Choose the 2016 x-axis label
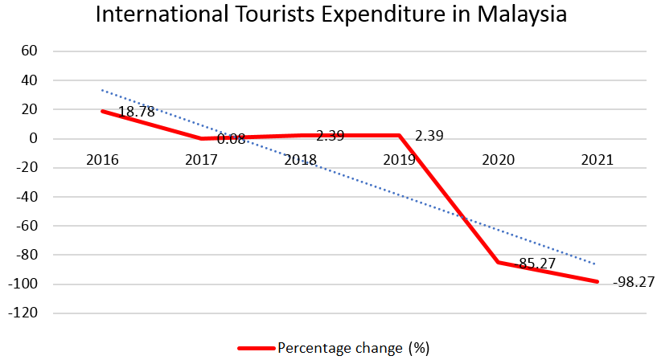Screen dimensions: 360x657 pyautogui.click(x=102, y=160)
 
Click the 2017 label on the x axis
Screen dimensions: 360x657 pyautogui.click(x=201, y=160)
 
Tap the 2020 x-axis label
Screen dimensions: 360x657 pyautogui.click(x=498, y=160)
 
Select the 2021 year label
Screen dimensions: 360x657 pyautogui.click(x=597, y=160)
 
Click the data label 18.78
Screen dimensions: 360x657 pyautogui.click(x=137, y=112)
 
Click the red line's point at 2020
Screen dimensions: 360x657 pyautogui.click(x=498, y=262)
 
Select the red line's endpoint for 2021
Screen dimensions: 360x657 pyautogui.click(x=597, y=281)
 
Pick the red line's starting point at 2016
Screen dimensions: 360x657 pyautogui.click(x=103, y=111)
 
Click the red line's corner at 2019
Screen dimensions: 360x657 pyautogui.click(x=399, y=135)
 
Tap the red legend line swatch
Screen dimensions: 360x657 pyautogui.click(x=257, y=348)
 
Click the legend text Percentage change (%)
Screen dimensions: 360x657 pyautogui.click(x=353, y=348)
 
